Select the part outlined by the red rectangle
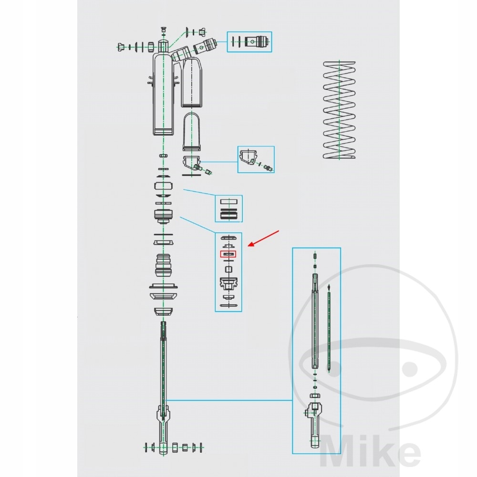pos(228,254)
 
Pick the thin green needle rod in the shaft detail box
pos(330,329)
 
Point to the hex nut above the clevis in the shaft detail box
pos(315,395)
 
